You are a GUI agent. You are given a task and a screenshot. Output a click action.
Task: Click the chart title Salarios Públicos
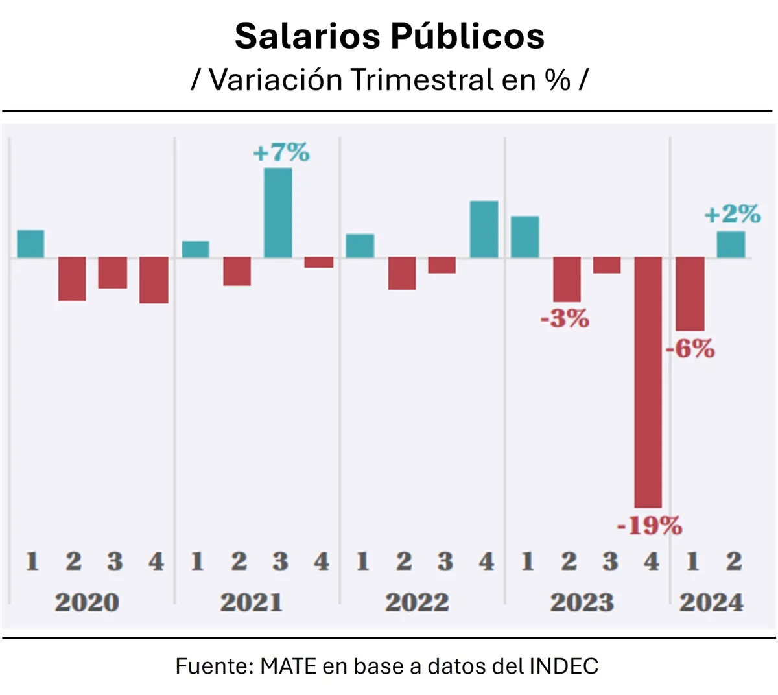pyautogui.click(x=389, y=36)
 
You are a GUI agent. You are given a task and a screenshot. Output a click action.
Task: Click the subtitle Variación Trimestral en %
pyautogui.click(x=389, y=80)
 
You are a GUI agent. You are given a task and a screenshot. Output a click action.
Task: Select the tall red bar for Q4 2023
pyautogui.click(x=648, y=383)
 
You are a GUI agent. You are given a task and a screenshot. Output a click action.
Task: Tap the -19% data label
pyautogui.click(x=649, y=525)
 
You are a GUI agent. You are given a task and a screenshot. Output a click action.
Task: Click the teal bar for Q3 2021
pyautogui.click(x=278, y=213)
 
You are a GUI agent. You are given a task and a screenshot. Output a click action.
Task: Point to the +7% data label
pyautogui.click(x=281, y=153)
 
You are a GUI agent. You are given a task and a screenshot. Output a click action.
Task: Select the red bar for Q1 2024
pyautogui.click(x=690, y=294)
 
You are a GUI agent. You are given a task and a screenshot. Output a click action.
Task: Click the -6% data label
pyautogui.click(x=690, y=349)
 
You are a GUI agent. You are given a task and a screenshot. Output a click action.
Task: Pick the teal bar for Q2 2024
pyautogui.click(x=731, y=244)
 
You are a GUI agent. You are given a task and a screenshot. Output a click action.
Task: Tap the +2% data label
pyautogui.click(x=733, y=214)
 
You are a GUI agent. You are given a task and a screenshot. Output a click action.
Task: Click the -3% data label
pyautogui.click(x=565, y=318)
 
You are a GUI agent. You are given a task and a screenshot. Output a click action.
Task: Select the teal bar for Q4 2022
pyautogui.click(x=484, y=230)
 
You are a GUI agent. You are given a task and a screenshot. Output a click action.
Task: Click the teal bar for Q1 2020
pyautogui.click(x=30, y=244)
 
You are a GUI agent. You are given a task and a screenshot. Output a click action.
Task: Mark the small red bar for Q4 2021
pyautogui.click(x=319, y=263)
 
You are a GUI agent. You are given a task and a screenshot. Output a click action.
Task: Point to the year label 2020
pyautogui.click(x=87, y=602)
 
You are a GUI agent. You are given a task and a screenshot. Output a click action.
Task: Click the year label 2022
pyautogui.click(x=417, y=602)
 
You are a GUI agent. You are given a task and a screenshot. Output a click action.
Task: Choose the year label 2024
pyautogui.click(x=711, y=602)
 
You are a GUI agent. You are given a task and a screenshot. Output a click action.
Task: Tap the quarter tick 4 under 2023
pyautogui.click(x=651, y=561)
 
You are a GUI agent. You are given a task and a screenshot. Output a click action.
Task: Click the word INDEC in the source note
pyautogui.click(x=563, y=666)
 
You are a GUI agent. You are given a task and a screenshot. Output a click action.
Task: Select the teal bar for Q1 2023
pyautogui.click(x=525, y=237)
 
